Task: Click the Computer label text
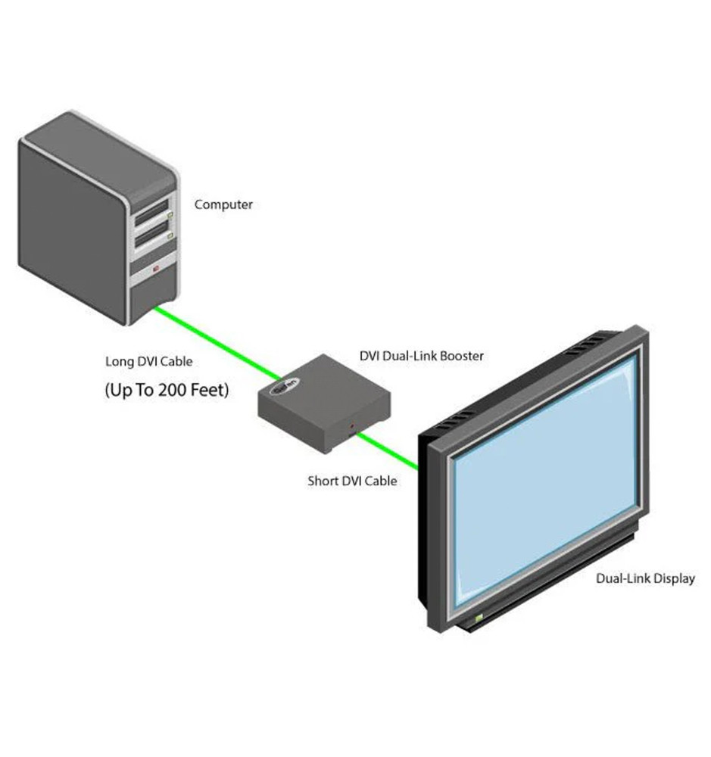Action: pos(223,204)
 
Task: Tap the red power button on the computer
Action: pos(157,268)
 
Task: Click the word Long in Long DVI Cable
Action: pos(119,361)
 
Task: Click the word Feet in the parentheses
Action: pos(207,391)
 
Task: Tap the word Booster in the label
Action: pos(459,355)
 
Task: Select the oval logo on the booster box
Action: pos(283,385)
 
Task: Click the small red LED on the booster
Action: pos(351,429)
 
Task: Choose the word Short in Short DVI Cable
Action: pos(323,480)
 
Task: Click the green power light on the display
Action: pos(478,618)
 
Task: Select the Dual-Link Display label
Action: pos(645,578)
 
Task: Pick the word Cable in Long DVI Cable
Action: pos(177,361)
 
